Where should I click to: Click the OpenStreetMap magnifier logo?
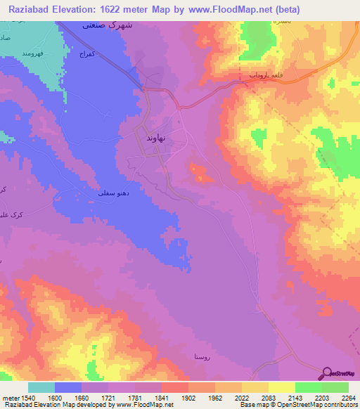(x=327, y=372)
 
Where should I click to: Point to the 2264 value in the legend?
(x=348, y=397)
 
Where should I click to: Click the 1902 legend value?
(x=188, y=397)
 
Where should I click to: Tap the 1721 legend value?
(x=108, y=397)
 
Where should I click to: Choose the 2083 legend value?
(x=269, y=397)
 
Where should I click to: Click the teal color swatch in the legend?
(x=41, y=387)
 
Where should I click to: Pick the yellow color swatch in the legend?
(x=282, y=387)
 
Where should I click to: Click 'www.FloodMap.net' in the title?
(x=233, y=10)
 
